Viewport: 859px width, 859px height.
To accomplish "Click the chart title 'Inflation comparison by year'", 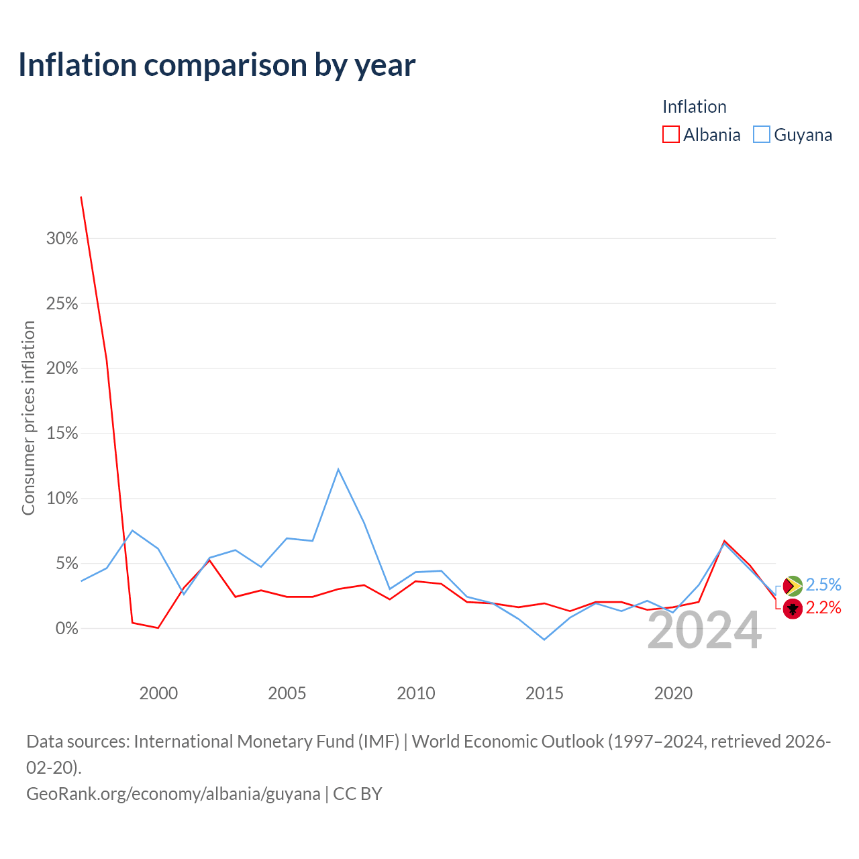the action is pyautogui.click(x=217, y=65).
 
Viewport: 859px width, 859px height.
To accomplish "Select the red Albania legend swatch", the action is pyautogui.click(x=670, y=134).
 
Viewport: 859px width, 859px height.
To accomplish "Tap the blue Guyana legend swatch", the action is pyautogui.click(x=761, y=134).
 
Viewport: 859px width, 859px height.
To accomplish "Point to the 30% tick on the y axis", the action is pyautogui.click(x=62, y=238).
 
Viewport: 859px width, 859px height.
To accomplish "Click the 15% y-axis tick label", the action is pyautogui.click(x=62, y=434).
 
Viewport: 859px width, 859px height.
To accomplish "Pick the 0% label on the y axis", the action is pyautogui.click(x=66, y=629).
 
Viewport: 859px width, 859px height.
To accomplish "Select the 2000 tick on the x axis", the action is pyautogui.click(x=158, y=694).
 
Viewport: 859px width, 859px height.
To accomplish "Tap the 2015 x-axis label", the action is pyautogui.click(x=544, y=694).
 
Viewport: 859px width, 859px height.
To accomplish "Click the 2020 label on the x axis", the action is pyautogui.click(x=673, y=694).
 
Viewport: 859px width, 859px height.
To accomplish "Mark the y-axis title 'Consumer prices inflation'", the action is pyautogui.click(x=29, y=418).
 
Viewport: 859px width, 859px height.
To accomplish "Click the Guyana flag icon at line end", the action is pyautogui.click(x=793, y=586).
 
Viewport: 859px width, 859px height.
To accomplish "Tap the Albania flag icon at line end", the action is pyautogui.click(x=793, y=609).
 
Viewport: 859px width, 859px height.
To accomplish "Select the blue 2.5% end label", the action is pyautogui.click(x=823, y=585).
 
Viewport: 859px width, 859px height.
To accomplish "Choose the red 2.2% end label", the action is pyautogui.click(x=823, y=608).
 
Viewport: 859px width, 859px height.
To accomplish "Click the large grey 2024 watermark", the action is pyautogui.click(x=705, y=631).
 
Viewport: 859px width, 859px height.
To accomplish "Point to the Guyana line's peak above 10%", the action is pyautogui.click(x=338, y=469).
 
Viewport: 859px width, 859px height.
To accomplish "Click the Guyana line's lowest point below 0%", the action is pyautogui.click(x=544, y=640).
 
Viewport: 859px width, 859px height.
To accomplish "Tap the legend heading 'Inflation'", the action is pyautogui.click(x=694, y=107).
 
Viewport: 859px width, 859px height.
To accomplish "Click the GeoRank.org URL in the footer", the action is pyautogui.click(x=173, y=794).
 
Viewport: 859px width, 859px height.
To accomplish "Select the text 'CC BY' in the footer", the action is pyautogui.click(x=358, y=794).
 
